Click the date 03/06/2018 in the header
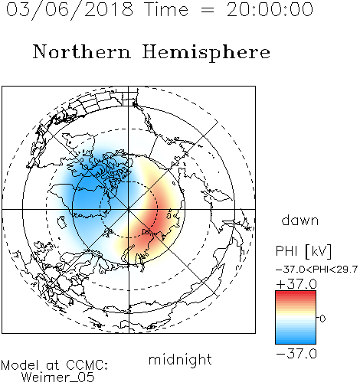pyautogui.click(x=70, y=10)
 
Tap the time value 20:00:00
pyautogui.click(x=270, y=10)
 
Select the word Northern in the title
pyautogui.click(x=82, y=51)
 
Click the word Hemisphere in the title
pyautogui.click(x=206, y=52)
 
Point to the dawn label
pyautogui.click(x=300, y=221)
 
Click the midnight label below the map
pyautogui.click(x=180, y=359)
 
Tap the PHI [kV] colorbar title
pyautogui.click(x=303, y=251)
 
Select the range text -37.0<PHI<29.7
pyautogui.click(x=316, y=270)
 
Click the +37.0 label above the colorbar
pyautogui.click(x=296, y=284)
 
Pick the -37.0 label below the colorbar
pyautogui.click(x=296, y=354)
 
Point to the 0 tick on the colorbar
pyautogui.click(x=322, y=319)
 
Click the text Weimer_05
pyautogui.click(x=58, y=378)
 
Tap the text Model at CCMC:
pyautogui.click(x=54, y=365)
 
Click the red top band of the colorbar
pyautogui.click(x=296, y=294)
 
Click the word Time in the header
pyautogui.click(x=166, y=10)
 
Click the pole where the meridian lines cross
pyautogui.click(x=129, y=209)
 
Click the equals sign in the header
pyautogui.click(x=208, y=10)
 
